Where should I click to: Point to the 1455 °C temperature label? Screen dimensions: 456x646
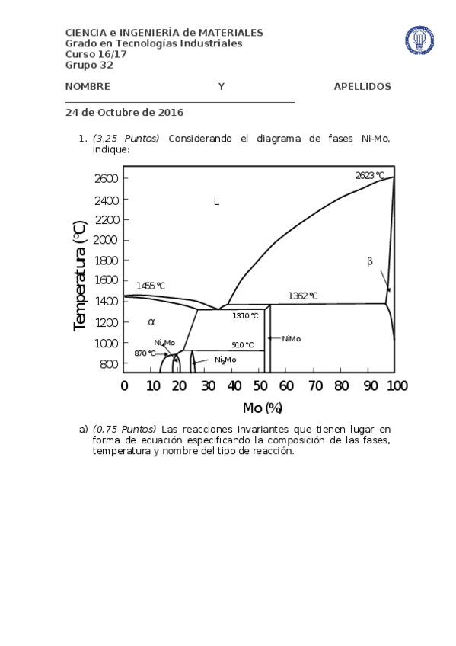click(151, 286)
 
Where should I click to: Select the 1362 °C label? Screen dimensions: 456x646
click(302, 296)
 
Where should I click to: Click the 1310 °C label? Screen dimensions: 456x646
click(245, 315)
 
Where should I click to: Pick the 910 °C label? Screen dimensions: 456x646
click(243, 345)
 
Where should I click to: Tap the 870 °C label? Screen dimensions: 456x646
click(145, 353)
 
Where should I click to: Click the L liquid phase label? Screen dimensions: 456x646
click(216, 202)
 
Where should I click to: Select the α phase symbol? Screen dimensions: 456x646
click(151, 322)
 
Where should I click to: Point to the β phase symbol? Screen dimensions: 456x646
click(370, 261)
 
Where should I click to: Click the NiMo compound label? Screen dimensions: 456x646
click(291, 338)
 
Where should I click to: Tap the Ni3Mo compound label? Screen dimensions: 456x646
click(225, 360)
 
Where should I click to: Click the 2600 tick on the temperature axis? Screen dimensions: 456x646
click(107, 178)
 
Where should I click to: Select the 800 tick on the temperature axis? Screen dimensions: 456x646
click(109, 364)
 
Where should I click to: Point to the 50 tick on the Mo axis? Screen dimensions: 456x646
click(260, 385)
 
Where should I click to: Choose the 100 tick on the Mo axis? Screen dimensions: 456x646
click(396, 385)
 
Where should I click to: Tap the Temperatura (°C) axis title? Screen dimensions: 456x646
click(80, 276)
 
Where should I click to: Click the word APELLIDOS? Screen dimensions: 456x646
click(362, 87)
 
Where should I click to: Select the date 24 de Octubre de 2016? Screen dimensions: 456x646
click(124, 112)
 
